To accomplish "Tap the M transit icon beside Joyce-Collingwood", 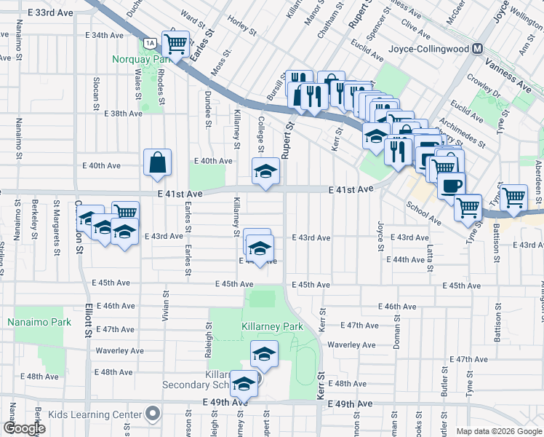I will (478, 49).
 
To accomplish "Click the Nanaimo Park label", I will (30, 321).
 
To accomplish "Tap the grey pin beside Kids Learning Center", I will (152, 414).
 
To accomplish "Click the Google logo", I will (24, 428).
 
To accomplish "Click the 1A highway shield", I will (148, 42).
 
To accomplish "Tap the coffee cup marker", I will (451, 185).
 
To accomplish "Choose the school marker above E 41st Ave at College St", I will (265, 172).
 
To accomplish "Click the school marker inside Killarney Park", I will (264, 354).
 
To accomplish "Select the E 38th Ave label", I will (123, 114).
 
